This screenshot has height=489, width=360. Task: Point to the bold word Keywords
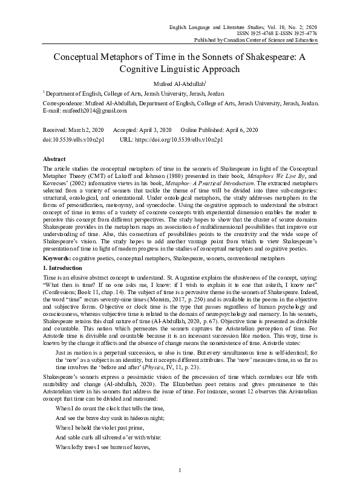(57, 258)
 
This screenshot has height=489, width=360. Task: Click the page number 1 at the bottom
(180, 470)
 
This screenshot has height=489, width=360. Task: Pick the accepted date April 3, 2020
(155, 130)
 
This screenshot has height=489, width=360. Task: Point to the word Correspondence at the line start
(63, 103)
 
